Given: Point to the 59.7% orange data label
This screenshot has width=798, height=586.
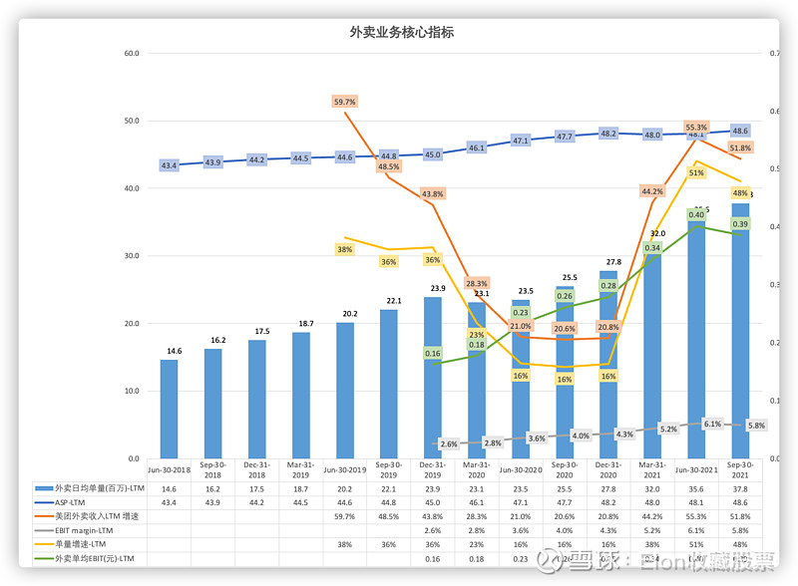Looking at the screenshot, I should coord(344,102).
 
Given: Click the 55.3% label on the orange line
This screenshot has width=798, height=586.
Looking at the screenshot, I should coord(696,128).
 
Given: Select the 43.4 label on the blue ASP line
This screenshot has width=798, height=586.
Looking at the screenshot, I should coord(169,165).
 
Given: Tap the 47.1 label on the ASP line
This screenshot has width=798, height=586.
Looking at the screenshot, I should coord(521,141).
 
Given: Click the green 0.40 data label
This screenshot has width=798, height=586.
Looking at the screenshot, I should coord(696,214).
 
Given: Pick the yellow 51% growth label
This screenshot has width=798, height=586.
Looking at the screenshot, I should coord(696,172).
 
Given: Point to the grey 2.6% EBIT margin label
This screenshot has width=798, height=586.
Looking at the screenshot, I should coord(448,443).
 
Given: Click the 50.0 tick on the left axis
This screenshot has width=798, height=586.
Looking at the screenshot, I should coord(131,121).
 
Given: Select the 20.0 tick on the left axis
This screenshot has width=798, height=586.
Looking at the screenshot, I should coord(131,324).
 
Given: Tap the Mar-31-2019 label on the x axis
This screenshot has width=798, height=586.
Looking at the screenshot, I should coord(300,468).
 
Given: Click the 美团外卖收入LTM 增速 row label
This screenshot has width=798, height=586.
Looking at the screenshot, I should coord(97,516).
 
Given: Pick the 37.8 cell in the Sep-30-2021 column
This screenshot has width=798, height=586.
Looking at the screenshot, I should coord(740,488).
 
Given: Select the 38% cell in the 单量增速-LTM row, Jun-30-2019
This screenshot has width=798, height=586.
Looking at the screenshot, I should coord(344,544).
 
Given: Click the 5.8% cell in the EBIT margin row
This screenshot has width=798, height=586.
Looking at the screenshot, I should coord(740,530).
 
